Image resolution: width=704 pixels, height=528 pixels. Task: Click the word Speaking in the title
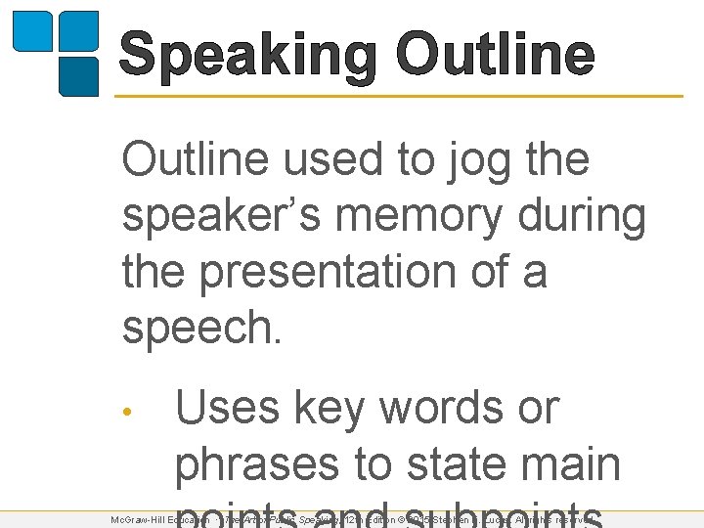[247, 56]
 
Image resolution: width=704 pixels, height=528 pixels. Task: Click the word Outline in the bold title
[496, 56]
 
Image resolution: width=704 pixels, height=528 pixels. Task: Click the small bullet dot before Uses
[126, 410]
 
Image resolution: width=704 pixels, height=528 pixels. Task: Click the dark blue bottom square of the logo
[79, 76]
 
